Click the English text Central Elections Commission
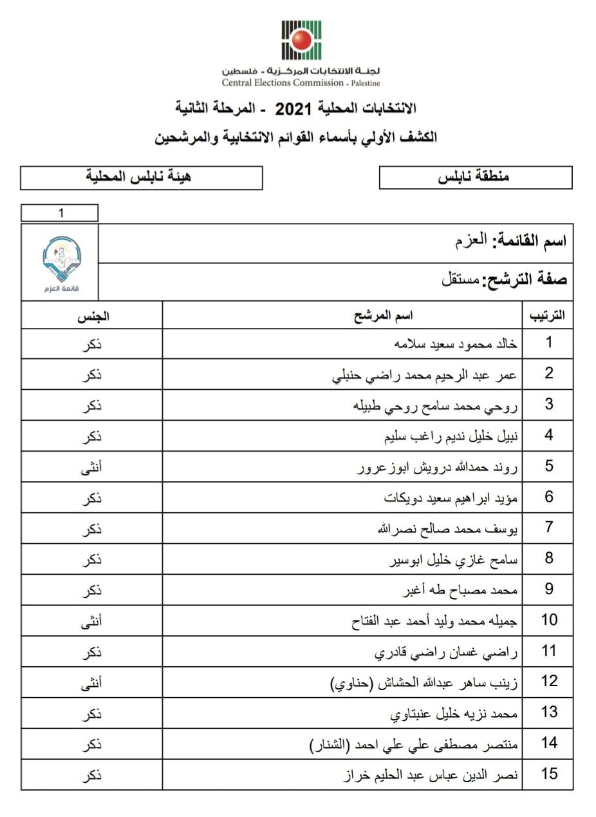pyautogui.click(x=283, y=82)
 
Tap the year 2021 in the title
pyautogui.click(x=293, y=109)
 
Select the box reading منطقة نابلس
pyautogui.click(x=475, y=177)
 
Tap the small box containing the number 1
pyautogui.click(x=60, y=213)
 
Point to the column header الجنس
pyautogui.click(x=93, y=316)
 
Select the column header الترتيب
pyautogui.click(x=546, y=316)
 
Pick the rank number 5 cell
pyautogui.click(x=548, y=466)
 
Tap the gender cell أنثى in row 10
pyautogui.click(x=93, y=620)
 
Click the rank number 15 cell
pyautogui.click(x=548, y=774)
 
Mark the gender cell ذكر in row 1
pyautogui.click(x=93, y=343)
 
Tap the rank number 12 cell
pyautogui.click(x=548, y=681)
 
